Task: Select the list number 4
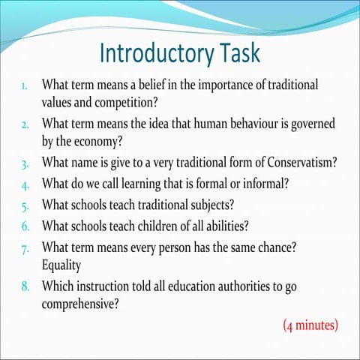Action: (25, 182)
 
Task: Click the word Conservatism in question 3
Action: (289, 161)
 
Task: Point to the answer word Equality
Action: (65, 264)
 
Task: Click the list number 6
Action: (25, 223)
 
